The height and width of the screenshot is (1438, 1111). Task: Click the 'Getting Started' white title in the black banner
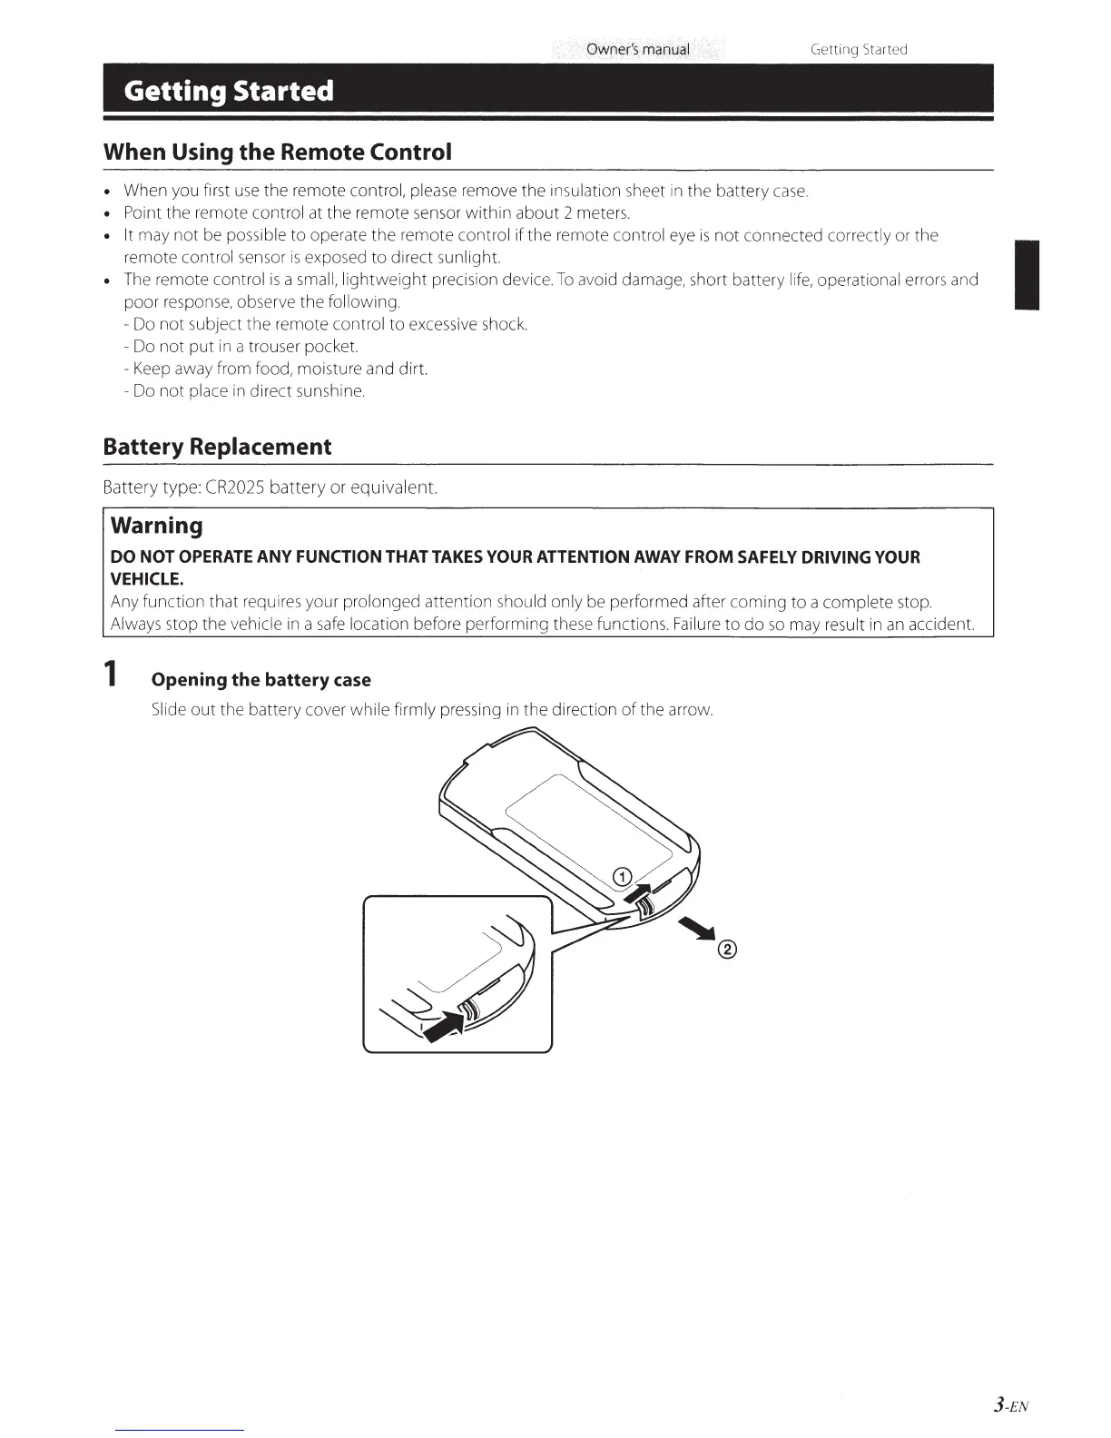click(229, 92)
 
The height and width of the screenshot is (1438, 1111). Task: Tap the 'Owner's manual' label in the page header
click(637, 49)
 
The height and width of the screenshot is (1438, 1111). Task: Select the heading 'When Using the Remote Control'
click(277, 152)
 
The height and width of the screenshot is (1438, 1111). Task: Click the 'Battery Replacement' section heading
click(217, 447)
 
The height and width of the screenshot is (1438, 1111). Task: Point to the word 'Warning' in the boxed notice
click(157, 526)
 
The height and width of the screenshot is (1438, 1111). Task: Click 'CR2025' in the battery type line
click(235, 488)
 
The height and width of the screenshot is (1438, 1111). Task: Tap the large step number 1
click(110, 675)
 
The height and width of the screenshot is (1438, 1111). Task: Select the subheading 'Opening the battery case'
click(261, 680)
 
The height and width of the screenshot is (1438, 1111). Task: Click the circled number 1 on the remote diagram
click(622, 876)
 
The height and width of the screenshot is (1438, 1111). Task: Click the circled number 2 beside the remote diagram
click(727, 950)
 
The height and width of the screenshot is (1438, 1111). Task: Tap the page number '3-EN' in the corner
click(1009, 1406)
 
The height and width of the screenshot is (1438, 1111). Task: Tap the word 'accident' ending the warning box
click(945, 625)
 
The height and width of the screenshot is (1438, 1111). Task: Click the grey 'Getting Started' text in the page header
click(858, 49)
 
